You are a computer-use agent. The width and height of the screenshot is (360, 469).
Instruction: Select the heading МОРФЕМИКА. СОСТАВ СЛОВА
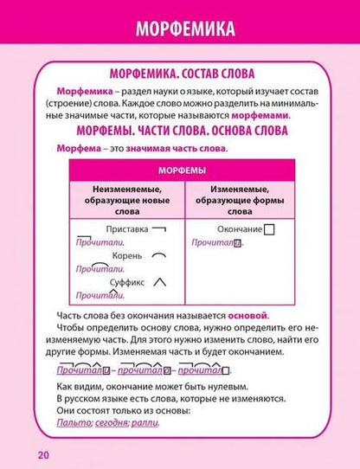click(x=184, y=74)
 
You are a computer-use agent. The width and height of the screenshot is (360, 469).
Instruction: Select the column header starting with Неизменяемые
click(x=126, y=197)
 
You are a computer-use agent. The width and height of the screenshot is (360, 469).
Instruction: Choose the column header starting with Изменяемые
click(x=241, y=197)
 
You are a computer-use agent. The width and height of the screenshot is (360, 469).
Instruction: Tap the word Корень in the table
click(x=126, y=257)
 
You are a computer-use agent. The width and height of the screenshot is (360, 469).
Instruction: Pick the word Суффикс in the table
click(x=127, y=283)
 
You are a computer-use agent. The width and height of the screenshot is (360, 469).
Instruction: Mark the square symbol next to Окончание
click(x=269, y=230)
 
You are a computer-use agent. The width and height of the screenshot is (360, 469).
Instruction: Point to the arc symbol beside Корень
click(x=159, y=256)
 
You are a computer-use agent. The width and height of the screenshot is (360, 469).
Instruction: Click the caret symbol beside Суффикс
click(x=160, y=282)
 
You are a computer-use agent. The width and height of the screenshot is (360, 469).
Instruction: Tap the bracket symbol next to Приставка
click(x=158, y=229)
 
